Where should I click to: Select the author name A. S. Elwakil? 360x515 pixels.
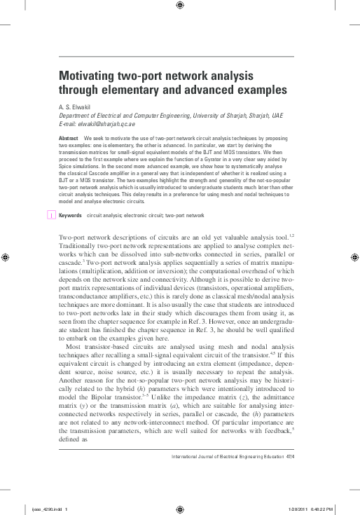78,107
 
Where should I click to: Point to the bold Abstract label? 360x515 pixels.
69,139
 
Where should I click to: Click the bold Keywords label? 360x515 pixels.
70,216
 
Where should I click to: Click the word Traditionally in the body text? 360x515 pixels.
79,248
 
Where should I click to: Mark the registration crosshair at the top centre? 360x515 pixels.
180,6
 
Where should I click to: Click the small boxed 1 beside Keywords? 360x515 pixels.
51,216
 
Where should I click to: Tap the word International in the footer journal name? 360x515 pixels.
185,455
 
